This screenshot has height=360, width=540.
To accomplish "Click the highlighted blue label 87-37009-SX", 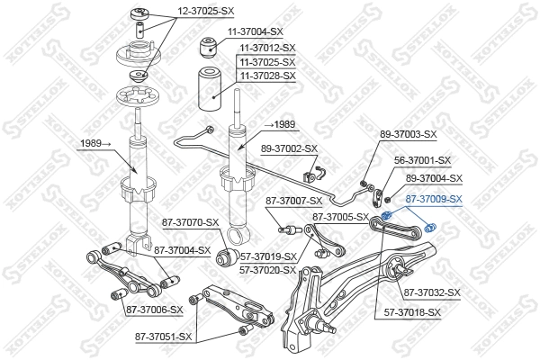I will coord(433,200).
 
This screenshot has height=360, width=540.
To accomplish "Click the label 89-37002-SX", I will coord(290,148).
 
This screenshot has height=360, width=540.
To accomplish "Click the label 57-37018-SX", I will coord(413,312).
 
